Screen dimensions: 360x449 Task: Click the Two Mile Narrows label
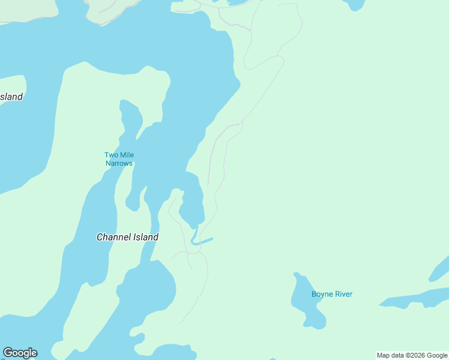pyautogui.click(x=119, y=159)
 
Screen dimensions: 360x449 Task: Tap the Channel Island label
pyautogui.click(x=127, y=237)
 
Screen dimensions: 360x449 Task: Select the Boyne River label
pyautogui.click(x=332, y=294)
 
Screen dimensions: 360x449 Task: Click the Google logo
pyautogui.click(x=20, y=353)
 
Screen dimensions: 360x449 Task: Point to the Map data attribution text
pyautogui.click(x=412, y=355)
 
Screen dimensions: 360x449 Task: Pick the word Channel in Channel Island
pyautogui.click(x=113, y=237)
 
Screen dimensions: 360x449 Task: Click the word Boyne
pyautogui.click(x=322, y=294)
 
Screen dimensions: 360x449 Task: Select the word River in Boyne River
pyautogui.click(x=343, y=294)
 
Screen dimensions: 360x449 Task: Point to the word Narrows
pyautogui.click(x=119, y=163)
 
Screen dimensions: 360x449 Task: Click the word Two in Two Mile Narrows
pyautogui.click(x=111, y=155)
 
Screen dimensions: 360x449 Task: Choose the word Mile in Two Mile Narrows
pyautogui.click(x=127, y=155)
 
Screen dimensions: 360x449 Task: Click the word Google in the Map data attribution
pyautogui.click(x=437, y=355)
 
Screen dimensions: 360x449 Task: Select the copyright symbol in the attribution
pyautogui.click(x=407, y=355)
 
